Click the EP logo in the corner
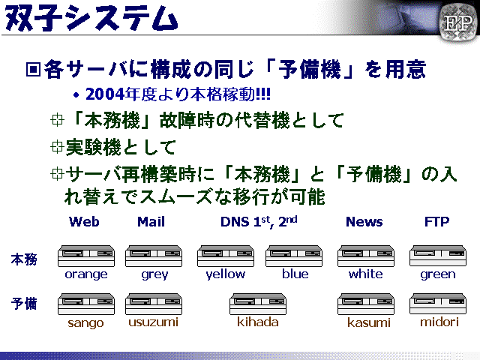[x=458, y=22]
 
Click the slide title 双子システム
[x=91, y=18]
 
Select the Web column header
[x=84, y=222]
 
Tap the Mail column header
[x=151, y=222]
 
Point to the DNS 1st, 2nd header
[x=259, y=222]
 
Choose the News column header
[x=364, y=222]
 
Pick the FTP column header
[x=436, y=221]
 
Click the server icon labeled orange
[x=86, y=256]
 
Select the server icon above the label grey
[x=153, y=256]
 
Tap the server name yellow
[x=226, y=274]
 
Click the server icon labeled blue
[x=294, y=256]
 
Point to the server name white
[x=365, y=274]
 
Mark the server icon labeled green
[x=438, y=256]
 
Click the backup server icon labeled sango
[x=86, y=304]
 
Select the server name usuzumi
[x=153, y=322]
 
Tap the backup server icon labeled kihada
[x=258, y=304]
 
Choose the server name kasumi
[x=369, y=322]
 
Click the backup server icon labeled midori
[x=438, y=304]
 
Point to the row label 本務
[x=24, y=259]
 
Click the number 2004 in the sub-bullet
[x=105, y=94]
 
